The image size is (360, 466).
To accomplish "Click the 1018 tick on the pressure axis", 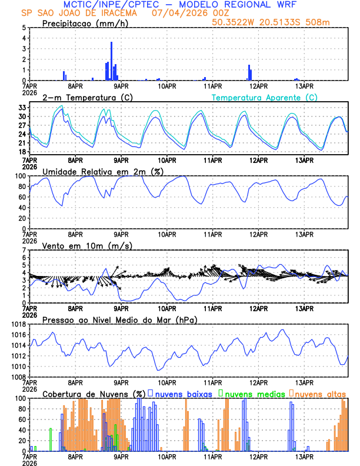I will pyautogui.click(x=19, y=324).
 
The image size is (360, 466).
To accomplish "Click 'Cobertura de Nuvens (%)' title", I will pyautogui.click(x=94, y=394).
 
